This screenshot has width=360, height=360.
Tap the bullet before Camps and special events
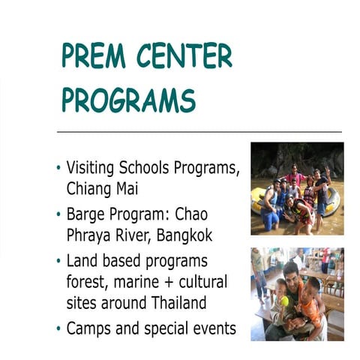[x=58, y=328]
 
